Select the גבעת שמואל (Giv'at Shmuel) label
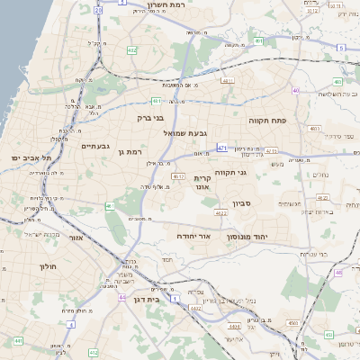pyautogui.click(x=184, y=132)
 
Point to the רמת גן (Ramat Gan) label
pyautogui.click(x=130, y=152)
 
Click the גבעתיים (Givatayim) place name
pyautogui.click(x=94, y=146)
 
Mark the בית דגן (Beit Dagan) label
pyautogui.click(x=146, y=299)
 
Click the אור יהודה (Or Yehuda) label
pyautogui.click(x=193, y=235)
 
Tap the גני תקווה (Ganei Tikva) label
pyautogui.click(x=231, y=173)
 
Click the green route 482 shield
pyautogui.click(x=132, y=51)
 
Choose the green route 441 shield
pyautogui.click(x=18, y=341)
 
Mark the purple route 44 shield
pyautogui.click(x=121, y=297)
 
